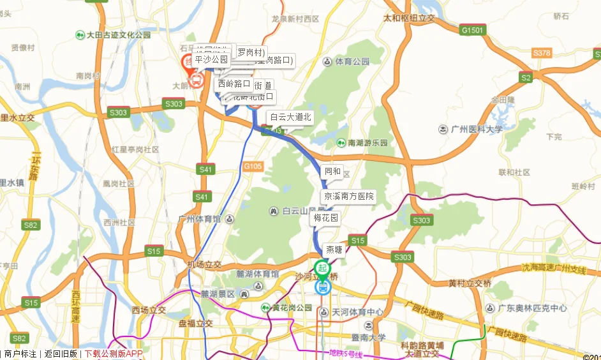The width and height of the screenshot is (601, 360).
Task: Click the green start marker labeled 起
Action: coord(323,268)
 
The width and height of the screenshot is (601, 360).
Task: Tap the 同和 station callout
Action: coord(333,172)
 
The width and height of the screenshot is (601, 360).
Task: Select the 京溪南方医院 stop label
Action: coord(348,196)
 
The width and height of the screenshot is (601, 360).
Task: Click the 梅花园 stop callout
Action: coord(325,218)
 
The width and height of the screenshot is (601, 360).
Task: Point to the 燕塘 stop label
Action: coord(335,250)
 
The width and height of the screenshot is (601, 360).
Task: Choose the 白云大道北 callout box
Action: coord(290,117)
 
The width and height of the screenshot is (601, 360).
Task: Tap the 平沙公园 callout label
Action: coord(211,59)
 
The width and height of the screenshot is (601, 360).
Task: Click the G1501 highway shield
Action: coord(473,30)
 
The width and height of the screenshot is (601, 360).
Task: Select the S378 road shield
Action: coord(541,53)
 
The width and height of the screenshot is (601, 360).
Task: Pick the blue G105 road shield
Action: coord(253,167)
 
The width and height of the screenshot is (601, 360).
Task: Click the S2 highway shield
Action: coord(526,78)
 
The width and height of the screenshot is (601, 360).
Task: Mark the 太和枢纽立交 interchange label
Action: coord(408,19)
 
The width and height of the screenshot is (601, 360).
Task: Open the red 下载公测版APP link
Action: coord(114,354)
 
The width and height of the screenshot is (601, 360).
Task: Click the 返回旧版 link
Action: coord(61,354)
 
